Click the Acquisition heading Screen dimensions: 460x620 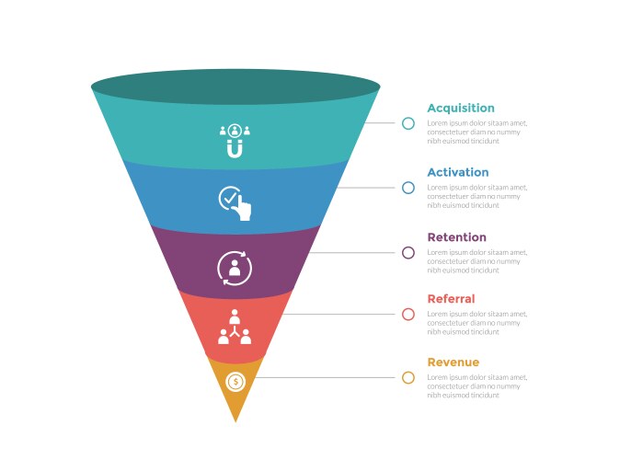(460, 108)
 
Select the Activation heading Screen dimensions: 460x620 (457, 172)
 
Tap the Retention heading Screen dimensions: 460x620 (456, 237)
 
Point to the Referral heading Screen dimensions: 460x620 (451, 299)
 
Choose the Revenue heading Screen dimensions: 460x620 (453, 362)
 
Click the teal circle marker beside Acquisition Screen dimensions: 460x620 (408, 122)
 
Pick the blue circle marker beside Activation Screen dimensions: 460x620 (408, 188)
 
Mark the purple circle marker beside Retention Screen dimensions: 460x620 (408, 252)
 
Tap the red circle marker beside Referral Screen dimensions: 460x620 (408, 314)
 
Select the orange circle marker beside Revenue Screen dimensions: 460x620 (408, 377)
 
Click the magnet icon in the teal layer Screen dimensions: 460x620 (235, 141)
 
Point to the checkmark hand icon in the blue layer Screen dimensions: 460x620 (235, 203)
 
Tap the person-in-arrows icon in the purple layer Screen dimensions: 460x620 (235, 268)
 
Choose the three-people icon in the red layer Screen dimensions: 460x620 (235, 328)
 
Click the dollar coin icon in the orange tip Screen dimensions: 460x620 (235, 381)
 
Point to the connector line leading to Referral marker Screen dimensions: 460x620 (340, 314)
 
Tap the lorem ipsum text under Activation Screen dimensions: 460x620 (476, 196)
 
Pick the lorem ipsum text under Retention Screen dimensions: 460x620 (476, 261)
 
